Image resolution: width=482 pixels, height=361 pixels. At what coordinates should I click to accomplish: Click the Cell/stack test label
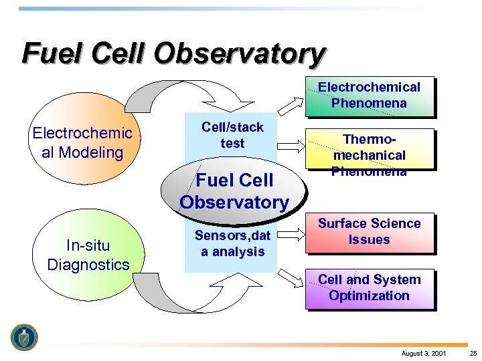(x=232, y=135)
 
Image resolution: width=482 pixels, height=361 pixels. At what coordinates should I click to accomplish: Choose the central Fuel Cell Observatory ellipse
(x=234, y=191)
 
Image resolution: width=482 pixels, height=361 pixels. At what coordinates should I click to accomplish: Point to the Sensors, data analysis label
(x=232, y=243)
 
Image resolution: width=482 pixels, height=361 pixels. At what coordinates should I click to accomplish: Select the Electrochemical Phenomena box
(x=369, y=96)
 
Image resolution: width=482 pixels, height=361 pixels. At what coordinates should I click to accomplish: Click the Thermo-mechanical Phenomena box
(x=369, y=154)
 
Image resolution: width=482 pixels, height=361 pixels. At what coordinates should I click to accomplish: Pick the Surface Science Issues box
(x=369, y=232)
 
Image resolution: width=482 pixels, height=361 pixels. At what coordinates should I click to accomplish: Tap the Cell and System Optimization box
(x=369, y=288)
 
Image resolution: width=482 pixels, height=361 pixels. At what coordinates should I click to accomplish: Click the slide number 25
(x=473, y=352)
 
